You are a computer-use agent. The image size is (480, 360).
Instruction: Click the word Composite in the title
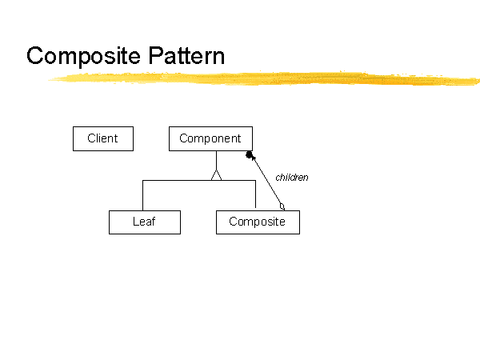click(x=83, y=56)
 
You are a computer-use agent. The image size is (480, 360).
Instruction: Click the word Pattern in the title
click(x=186, y=55)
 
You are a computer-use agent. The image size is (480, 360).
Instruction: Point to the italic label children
click(x=292, y=178)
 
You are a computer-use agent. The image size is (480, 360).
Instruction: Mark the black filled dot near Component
click(x=250, y=155)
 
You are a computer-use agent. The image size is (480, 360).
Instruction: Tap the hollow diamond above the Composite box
click(x=282, y=207)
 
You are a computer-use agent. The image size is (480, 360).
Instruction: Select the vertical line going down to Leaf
click(x=142, y=196)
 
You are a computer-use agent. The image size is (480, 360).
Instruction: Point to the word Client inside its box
click(x=102, y=138)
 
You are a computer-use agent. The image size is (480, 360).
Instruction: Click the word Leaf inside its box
click(x=144, y=222)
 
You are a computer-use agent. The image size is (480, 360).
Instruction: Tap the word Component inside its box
click(x=210, y=138)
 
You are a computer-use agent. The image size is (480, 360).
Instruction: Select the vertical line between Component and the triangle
click(x=217, y=161)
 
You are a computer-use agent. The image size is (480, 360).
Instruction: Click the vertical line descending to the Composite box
click(x=256, y=194)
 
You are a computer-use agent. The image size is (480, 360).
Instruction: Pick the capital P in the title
click(x=155, y=55)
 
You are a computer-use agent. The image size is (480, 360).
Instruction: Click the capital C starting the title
click(x=34, y=55)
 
